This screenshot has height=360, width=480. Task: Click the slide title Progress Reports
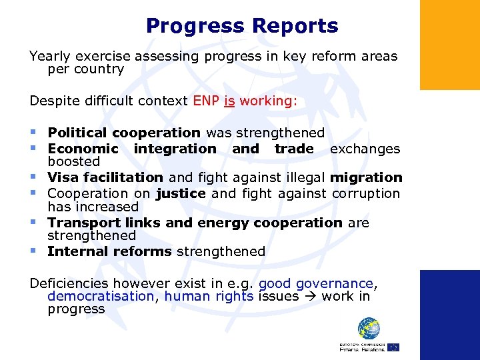[242, 26]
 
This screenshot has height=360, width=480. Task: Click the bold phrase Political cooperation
[124, 133]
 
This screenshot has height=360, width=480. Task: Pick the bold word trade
[294, 149]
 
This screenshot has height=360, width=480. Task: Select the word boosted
[73, 161]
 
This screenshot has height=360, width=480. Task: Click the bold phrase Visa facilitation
[105, 177]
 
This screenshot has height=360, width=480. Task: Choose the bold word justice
[181, 193]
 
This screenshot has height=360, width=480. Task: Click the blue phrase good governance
[315, 283]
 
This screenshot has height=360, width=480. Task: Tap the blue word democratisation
[100, 296]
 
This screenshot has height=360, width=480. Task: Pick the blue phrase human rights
[209, 296]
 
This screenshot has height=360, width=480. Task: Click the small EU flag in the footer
[393, 347]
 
